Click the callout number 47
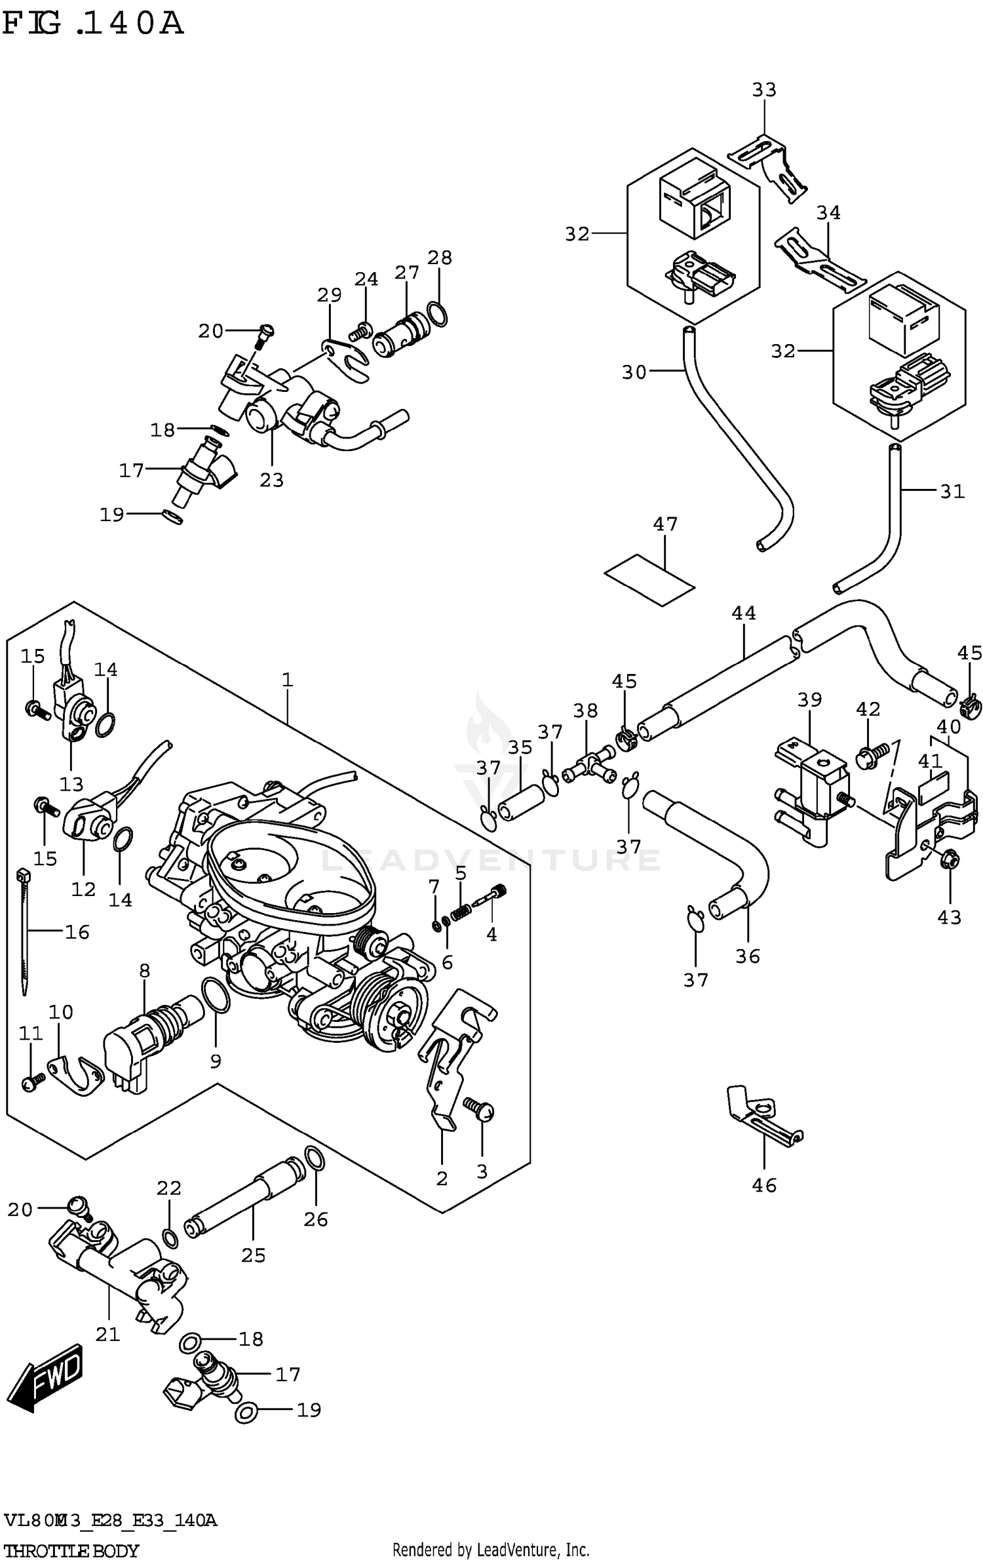coord(665,524)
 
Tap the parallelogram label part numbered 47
coord(649,579)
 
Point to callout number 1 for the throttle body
coord(287,680)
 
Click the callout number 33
coord(763,90)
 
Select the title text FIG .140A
coord(92,24)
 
